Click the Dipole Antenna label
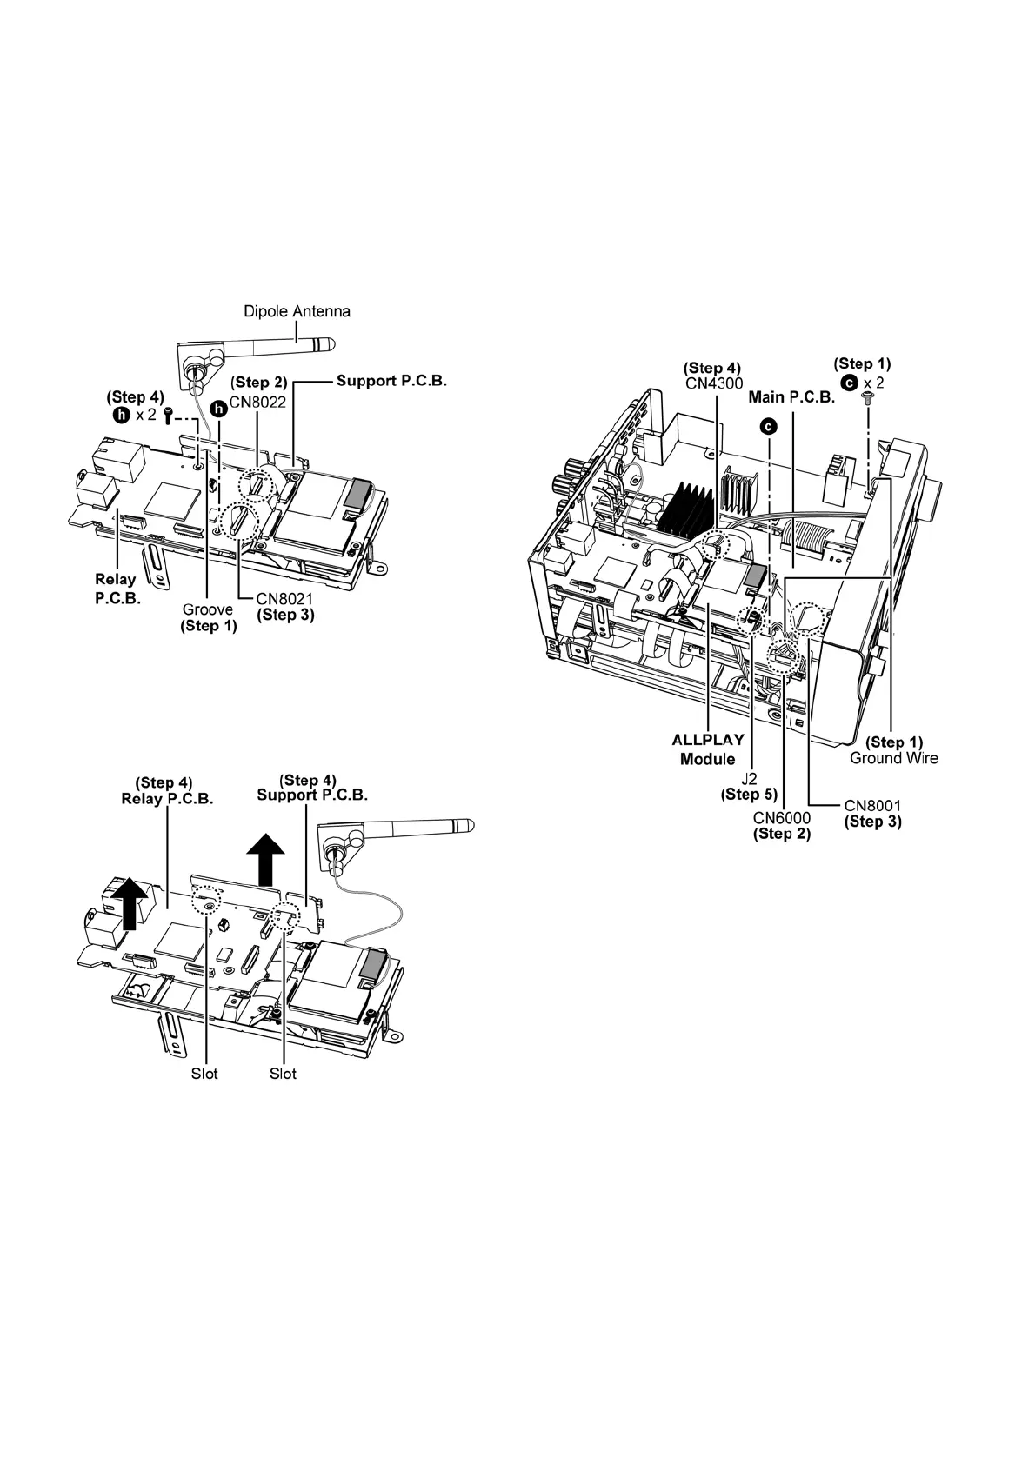pyautogui.click(x=297, y=311)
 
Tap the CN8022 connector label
pyautogui.click(x=258, y=403)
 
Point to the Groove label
pyautogui.click(x=207, y=609)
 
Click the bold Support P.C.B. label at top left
pyautogui.click(x=391, y=381)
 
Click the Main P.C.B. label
pyautogui.click(x=791, y=397)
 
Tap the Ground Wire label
pyautogui.click(x=893, y=758)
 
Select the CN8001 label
pyautogui.click(x=872, y=806)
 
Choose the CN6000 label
pyautogui.click(x=781, y=818)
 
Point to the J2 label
pyautogui.click(x=748, y=779)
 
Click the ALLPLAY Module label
pyautogui.click(x=708, y=749)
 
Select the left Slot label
pyautogui.click(x=204, y=1074)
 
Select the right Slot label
pyautogui.click(x=283, y=1074)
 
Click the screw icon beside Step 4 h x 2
pyautogui.click(x=168, y=416)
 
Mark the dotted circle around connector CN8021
pyautogui.click(x=238, y=522)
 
